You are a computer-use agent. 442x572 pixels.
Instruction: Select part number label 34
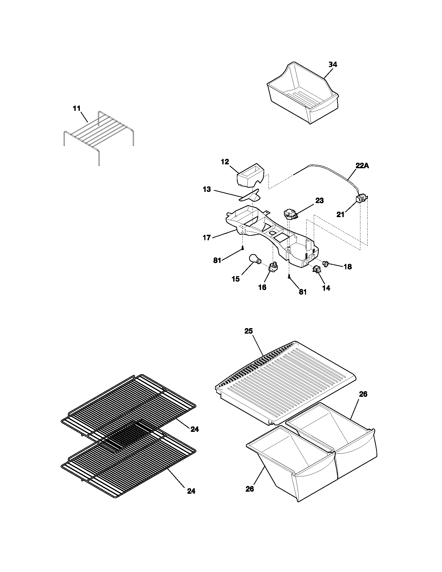333,64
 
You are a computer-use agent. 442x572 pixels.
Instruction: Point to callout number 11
77,108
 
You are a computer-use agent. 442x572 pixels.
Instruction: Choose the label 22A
362,166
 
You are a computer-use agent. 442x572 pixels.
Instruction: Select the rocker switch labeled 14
316,269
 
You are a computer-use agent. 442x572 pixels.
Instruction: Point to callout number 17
207,238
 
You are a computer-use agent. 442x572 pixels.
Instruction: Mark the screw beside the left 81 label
243,248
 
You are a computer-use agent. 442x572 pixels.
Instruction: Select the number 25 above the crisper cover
249,331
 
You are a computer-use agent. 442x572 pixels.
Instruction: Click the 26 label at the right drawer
363,394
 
